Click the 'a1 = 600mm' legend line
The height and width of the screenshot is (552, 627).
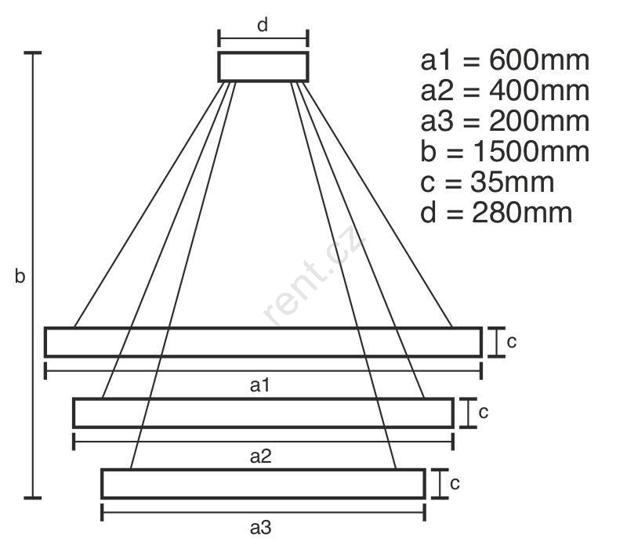pos(505,60)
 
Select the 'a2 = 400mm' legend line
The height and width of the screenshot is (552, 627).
pos(505,91)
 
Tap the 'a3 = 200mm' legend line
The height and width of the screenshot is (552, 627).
pos(505,121)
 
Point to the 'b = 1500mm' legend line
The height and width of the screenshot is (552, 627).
pos(505,151)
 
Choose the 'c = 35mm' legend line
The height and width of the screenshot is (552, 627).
pos(487,182)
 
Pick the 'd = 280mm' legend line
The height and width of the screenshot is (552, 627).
pos(496,212)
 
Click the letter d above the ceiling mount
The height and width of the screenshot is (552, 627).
pos(263,25)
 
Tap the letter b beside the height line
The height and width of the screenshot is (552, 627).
pos(20,276)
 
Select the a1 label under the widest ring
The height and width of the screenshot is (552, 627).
pos(260,385)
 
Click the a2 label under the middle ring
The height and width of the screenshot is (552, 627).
pos(260,456)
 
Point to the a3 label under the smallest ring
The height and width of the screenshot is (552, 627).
pos(260,527)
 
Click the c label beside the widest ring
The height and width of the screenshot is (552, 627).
pos(512,342)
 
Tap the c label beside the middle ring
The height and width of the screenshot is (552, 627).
pos(484,413)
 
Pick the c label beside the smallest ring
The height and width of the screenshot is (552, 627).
pos(455,484)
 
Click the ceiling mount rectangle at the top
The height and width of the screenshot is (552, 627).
pos(263,52)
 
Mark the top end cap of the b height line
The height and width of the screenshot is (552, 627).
pos(33,52)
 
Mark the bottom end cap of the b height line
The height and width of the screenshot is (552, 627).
pos(33,498)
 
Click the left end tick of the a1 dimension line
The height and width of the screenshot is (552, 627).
pos(45,370)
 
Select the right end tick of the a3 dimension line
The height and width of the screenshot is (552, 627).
pos(424,512)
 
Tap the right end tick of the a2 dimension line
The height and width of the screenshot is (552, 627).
pos(453,442)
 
